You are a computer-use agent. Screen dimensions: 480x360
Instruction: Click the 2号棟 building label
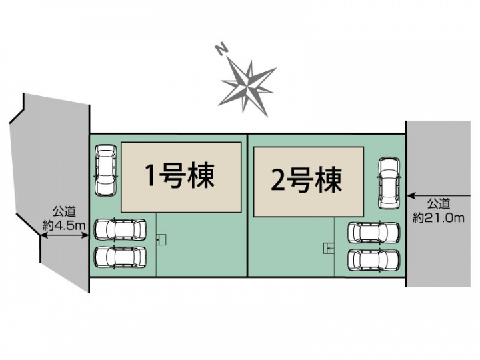(307, 180)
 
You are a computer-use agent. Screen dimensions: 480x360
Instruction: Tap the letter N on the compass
(221, 49)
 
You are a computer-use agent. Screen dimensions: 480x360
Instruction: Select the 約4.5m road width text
(64, 226)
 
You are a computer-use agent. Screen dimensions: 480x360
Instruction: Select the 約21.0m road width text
(439, 217)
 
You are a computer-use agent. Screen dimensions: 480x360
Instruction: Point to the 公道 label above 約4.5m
(64, 211)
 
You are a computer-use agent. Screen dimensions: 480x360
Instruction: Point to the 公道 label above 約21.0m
(439, 203)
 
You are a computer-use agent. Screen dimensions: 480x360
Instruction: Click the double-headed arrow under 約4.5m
(65, 235)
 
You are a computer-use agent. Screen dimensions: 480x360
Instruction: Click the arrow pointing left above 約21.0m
(439, 195)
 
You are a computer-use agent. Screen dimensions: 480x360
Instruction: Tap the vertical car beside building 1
(106, 169)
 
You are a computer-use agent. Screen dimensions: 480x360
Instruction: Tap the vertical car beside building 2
(389, 183)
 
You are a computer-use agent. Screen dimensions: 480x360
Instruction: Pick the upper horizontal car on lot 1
(120, 229)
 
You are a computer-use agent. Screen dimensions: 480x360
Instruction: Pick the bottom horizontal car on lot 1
(120, 258)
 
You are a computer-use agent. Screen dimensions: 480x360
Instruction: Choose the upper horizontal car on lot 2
(374, 233)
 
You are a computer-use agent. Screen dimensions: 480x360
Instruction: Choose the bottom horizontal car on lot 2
(374, 260)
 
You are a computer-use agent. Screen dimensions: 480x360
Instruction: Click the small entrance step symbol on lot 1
(161, 240)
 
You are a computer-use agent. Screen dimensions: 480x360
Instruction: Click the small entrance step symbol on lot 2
(329, 248)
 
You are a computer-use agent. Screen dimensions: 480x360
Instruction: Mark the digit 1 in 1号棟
(150, 175)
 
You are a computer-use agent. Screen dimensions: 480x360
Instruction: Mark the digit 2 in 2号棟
(277, 180)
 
